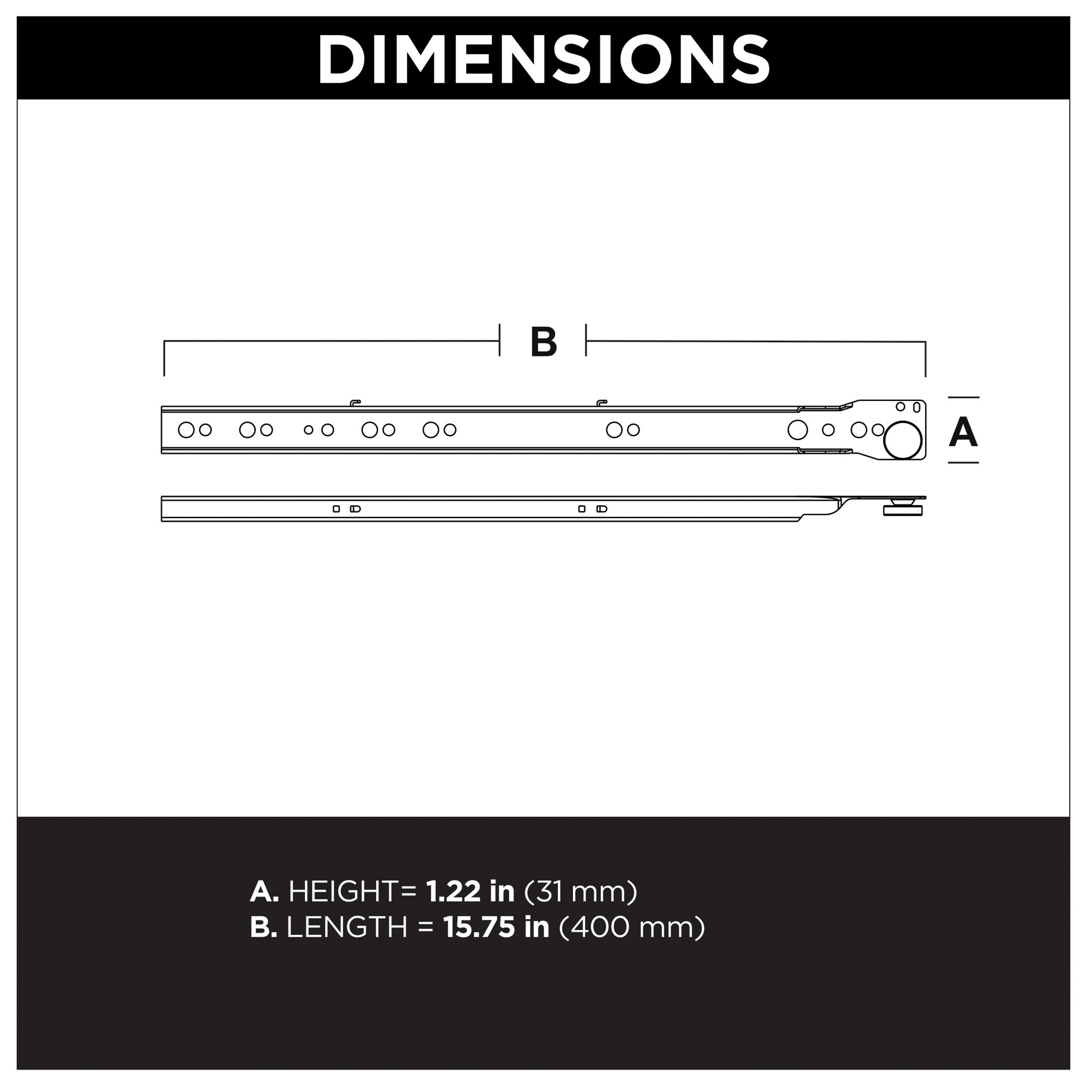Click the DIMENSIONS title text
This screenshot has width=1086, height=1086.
(543, 59)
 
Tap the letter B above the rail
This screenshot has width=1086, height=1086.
(544, 342)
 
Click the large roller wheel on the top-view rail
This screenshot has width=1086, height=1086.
(902, 439)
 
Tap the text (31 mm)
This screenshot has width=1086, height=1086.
(581, 892)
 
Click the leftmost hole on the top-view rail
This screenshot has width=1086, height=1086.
(186, 430)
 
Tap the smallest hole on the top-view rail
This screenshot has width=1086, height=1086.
(308, 430)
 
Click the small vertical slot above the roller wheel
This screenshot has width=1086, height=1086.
(917, 407)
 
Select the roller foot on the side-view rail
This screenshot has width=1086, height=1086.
(903, 510)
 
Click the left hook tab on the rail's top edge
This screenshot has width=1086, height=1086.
(355, 403)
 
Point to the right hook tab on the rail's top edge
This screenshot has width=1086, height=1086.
(601, 403)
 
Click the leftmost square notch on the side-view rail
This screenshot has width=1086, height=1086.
(336, 508)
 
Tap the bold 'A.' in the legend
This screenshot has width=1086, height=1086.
(264, 892)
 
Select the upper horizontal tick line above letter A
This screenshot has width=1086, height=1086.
(963, 397)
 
